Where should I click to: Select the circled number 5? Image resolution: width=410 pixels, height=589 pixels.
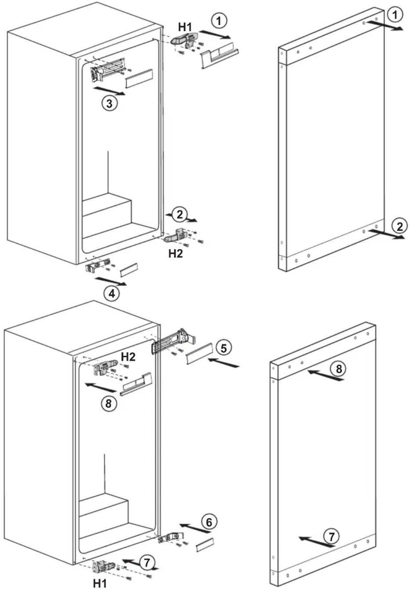click(x=223, y=348)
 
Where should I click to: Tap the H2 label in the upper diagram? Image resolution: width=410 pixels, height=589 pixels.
click(x=175, y=253)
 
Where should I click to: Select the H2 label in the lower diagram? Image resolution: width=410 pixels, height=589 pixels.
click(x=128, y=356)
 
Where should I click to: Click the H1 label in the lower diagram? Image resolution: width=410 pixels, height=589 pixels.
click(x=100, y=583)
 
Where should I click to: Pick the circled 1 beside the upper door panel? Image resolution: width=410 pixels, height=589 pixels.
click(x=395, y=14)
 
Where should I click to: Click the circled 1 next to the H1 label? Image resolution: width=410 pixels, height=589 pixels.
click(x=219, y=20)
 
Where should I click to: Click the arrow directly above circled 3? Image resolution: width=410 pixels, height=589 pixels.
click(x=109, y=91)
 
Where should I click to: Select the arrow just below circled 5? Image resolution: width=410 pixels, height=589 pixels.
click(x=223, y=363)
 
